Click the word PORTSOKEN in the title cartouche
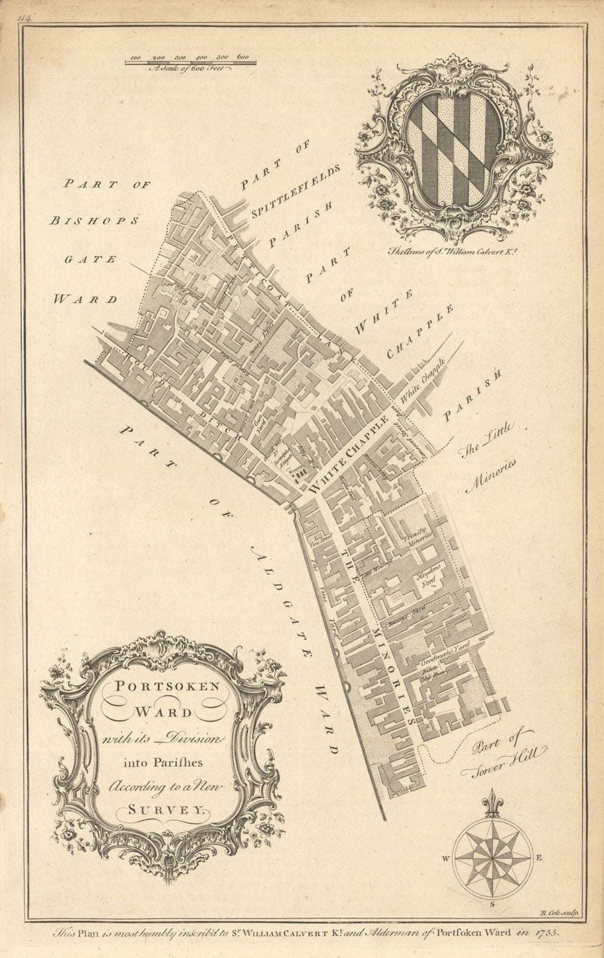click(161, 686)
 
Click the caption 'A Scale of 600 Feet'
click(190, 69)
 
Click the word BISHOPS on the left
click(94, 221)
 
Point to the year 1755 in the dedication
click(547, 931)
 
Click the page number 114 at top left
click(25, 19)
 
